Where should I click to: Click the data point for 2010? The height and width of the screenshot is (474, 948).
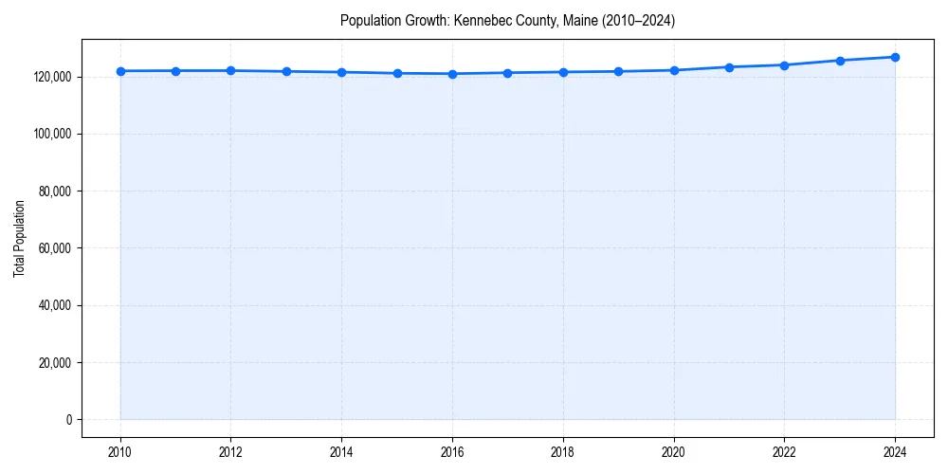tap(120, 71)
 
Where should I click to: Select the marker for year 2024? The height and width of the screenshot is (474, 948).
tap(895, 57)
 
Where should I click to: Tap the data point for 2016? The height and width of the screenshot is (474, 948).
tap(452, 74)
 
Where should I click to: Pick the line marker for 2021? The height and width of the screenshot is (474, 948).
tap(729, 67)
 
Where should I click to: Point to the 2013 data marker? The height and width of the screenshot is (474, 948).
tap(286, 71)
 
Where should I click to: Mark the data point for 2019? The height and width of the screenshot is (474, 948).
tap(618, 71)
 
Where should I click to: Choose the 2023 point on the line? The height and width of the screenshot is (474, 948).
tap(840, 61)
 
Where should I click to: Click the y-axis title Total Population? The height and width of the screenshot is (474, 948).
tap(19, 238)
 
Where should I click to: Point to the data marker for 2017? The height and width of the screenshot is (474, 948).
tap(507, 73)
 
